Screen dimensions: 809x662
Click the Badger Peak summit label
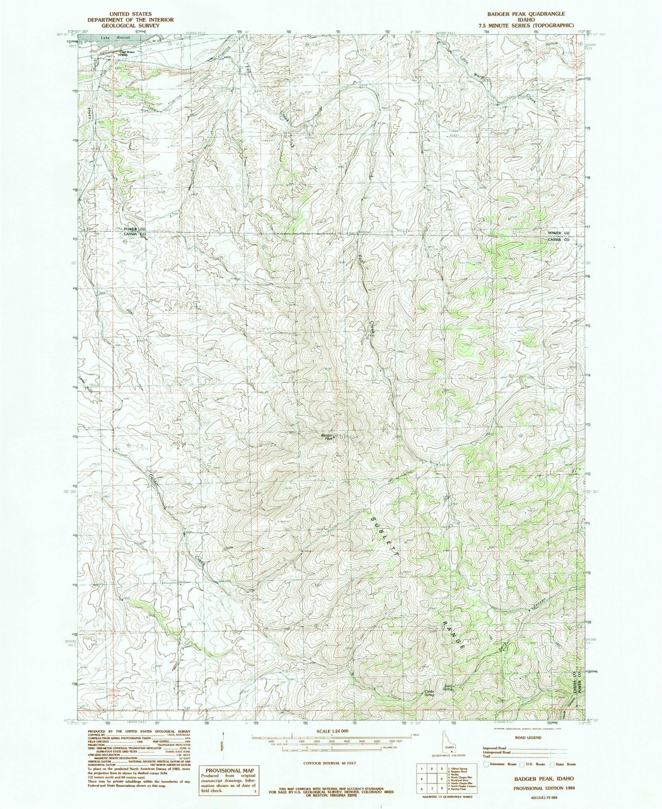(326, 437)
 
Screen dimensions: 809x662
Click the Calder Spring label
(429, 693)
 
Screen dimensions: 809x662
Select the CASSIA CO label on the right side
(559, 239)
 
